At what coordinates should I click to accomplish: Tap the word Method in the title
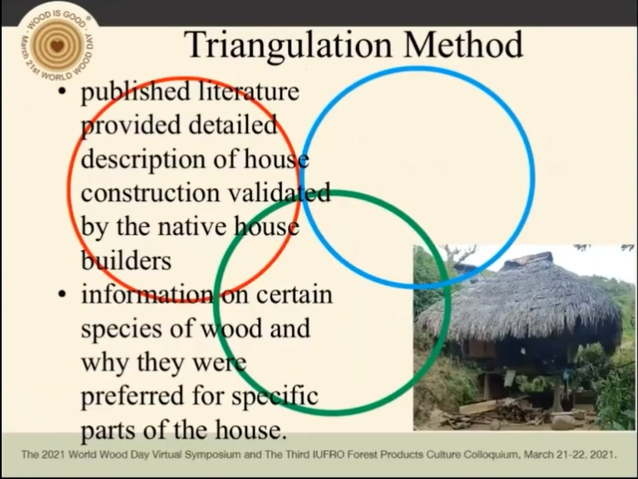[463, 44]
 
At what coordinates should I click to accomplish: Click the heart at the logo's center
[57, 46]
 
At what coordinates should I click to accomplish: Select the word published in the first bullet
[136, 92]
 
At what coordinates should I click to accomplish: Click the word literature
[249, 91]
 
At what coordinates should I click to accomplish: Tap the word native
[192, 226]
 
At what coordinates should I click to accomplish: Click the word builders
[126, 260]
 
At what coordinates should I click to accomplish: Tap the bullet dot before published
[62, 92]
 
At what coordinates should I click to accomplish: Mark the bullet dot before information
[62, 294]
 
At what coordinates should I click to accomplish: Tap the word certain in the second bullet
[294, 294]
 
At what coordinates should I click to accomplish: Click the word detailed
[233, 125]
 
